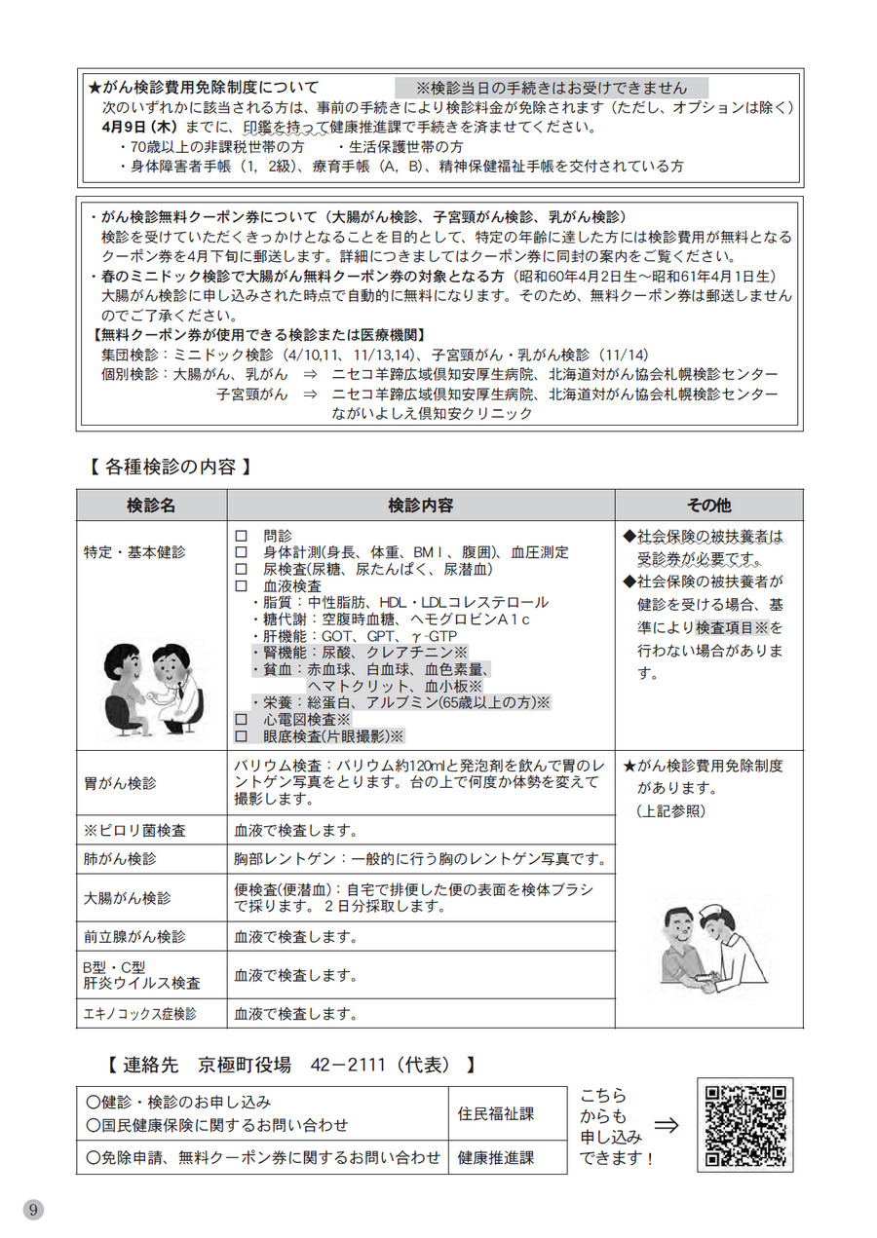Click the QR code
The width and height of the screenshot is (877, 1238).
[x=745, y=1126]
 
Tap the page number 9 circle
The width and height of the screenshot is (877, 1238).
[x=34, y=1209]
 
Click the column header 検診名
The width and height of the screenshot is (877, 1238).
[x=151, y=506]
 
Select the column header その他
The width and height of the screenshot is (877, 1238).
[x=708, y=506]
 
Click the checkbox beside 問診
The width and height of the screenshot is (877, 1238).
[x=241, y=536]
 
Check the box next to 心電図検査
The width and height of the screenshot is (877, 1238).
[x=241, y=718]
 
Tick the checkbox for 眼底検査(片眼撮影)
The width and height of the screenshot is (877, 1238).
[x=241, y=736]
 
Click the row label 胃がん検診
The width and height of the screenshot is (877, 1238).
[x=120, y=782]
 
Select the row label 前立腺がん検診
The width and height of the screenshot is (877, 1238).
[x=133, y=937]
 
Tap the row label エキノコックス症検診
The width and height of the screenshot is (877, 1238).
[x=139, y=1014]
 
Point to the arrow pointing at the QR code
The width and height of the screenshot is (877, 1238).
[x=667, y=1126]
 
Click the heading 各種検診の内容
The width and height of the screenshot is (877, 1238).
[x=170, y=467]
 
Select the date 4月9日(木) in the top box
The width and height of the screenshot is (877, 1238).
[x=135, y=128]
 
